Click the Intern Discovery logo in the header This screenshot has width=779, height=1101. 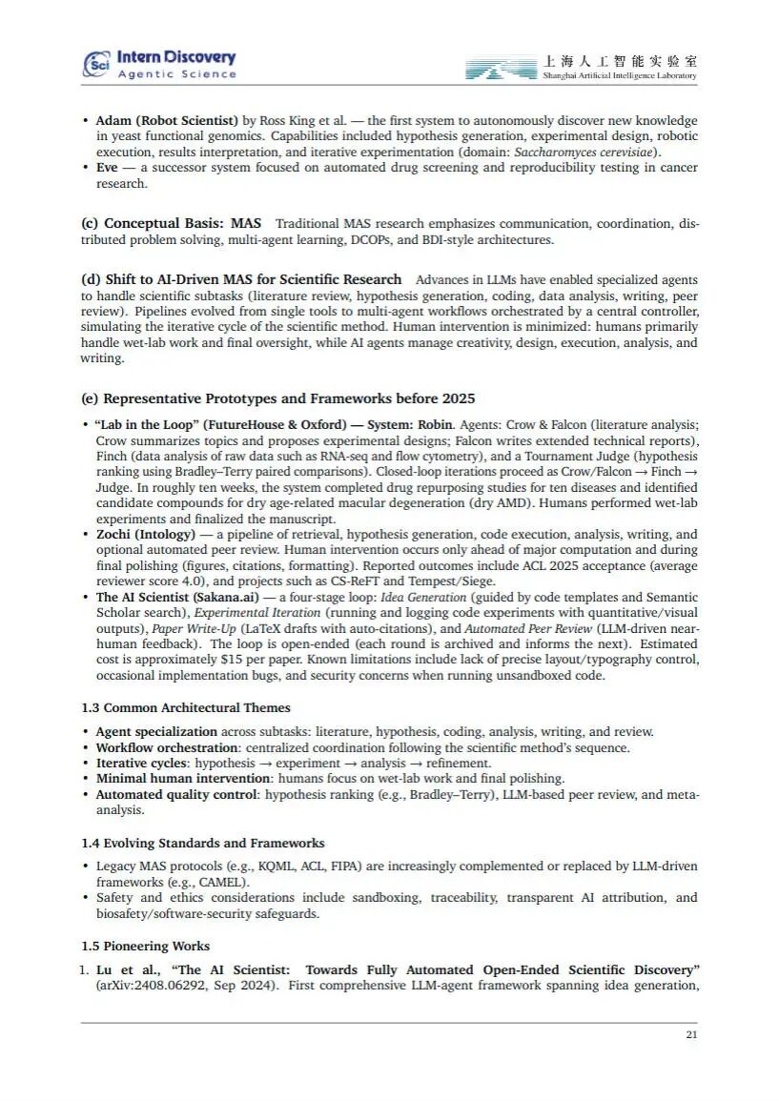click(159, 64)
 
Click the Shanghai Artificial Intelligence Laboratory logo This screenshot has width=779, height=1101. click(581, 67)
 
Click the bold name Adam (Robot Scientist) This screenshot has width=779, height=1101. click(167, 121)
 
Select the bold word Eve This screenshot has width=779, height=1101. click(107, 168)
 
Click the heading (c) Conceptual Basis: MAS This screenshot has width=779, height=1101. click(171, 223)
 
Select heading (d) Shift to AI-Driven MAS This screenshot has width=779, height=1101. click(241, 279)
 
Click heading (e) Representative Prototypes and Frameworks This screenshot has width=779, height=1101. click(277, 398)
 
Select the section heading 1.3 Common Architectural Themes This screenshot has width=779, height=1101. click(185, 708)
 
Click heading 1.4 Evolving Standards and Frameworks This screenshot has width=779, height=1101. click(202, 843)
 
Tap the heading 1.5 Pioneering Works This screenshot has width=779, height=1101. click(145, 946)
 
